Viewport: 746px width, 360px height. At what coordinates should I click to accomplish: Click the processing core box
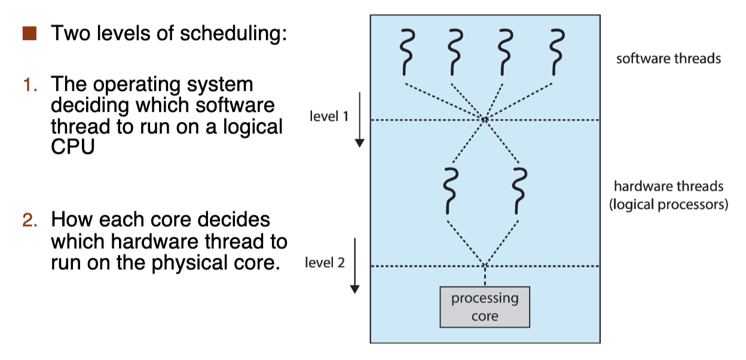click(485, 307)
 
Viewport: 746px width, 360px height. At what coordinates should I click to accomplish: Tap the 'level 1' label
click(329, 116)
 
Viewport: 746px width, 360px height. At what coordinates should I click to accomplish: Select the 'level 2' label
click(325, 263)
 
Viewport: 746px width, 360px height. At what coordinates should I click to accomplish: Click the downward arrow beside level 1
click(359, 120)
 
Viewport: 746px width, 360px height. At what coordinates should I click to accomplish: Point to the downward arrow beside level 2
click(355, 266)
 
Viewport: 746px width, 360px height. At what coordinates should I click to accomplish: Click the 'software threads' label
click(668, 59)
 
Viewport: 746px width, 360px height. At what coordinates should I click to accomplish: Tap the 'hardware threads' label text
click(668, 186)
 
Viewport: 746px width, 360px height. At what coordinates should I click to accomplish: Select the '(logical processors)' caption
click(668, 205)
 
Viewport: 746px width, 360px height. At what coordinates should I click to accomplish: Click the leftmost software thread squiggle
click(406, 51)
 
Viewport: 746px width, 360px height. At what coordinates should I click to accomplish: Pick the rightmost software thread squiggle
click(557, 51)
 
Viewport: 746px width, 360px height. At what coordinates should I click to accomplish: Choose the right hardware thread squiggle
click(520, 190)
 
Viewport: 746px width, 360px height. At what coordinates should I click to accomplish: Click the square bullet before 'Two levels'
click(30, 33)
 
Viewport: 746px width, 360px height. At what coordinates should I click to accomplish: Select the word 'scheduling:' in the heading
click(236, 34)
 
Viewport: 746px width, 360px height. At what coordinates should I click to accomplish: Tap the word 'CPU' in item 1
click(73, 147)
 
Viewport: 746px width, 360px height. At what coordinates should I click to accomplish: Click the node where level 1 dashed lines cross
click(485, 120)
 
